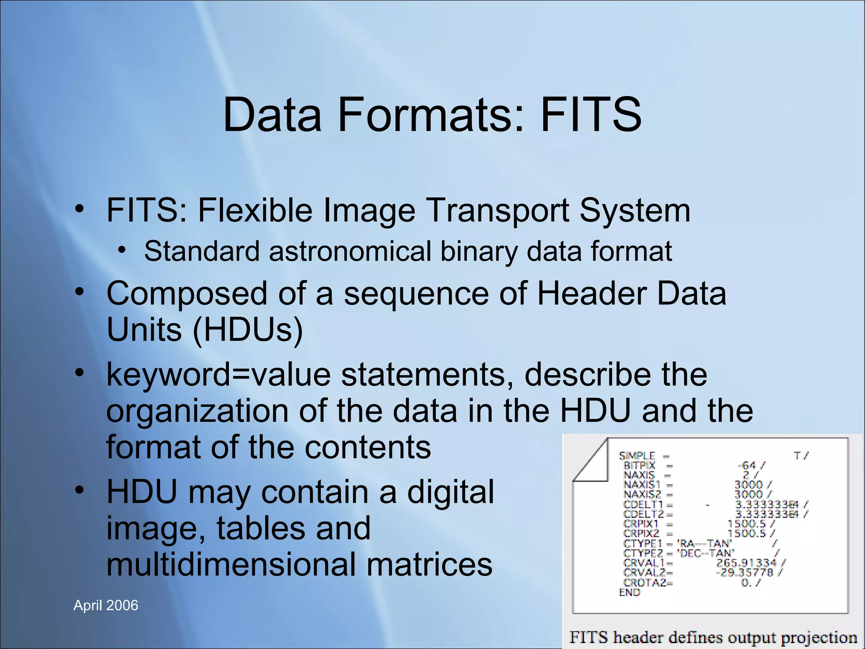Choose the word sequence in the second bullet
tap(416, 293)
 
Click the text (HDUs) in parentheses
tap(248, 329)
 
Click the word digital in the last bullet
tap(450, 492)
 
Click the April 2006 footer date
tap(106, 605)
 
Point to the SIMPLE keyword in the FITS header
tap(637, 456)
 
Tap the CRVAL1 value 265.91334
tap(746, 563)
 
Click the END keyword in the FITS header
tap(629, 592)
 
